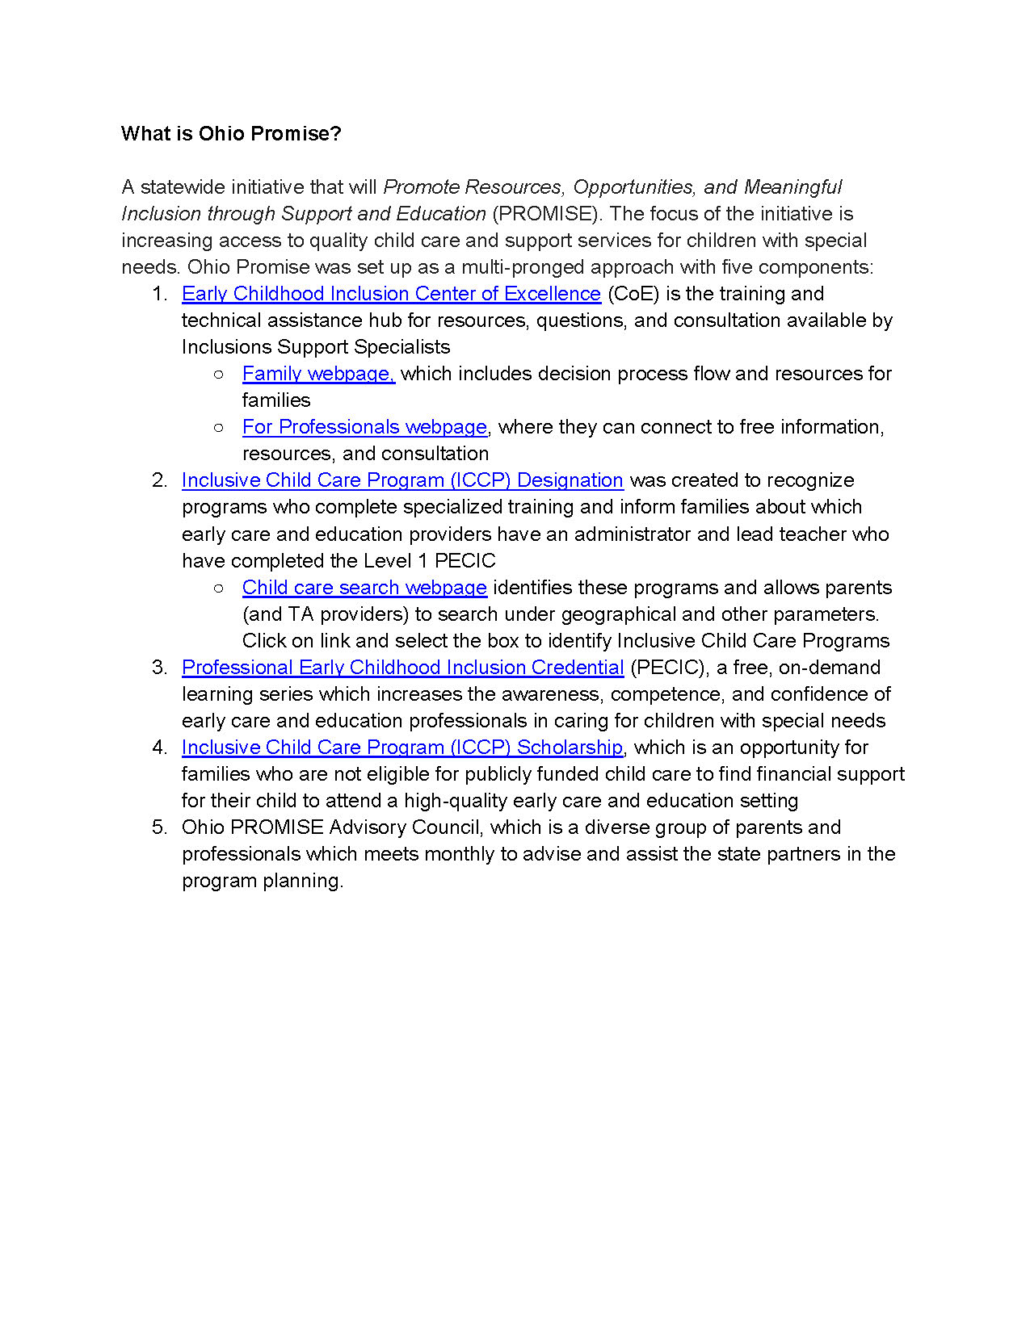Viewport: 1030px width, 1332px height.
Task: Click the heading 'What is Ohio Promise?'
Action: click(x=231, y=133)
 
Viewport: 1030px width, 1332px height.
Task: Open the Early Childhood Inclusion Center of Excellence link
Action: click(x=391, y=294)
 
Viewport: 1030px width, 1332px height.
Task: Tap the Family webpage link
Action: click(x=318, y=374)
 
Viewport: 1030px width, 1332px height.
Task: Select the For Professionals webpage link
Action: click(x=364, y=427)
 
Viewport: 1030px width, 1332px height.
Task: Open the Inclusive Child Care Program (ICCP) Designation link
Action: click(x=402, y=480)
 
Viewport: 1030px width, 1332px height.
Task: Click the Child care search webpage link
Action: click(x=364, y=588)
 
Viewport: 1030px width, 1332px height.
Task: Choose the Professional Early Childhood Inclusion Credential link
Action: click(x=402, y=668)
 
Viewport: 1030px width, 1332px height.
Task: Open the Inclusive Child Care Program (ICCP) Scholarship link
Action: click(x=402, y=748)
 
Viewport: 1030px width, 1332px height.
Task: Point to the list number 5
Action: click(x=158, y=827)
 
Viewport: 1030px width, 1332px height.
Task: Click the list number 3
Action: click(x=158, y=668)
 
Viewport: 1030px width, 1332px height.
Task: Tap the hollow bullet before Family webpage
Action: click(x=219, y=374)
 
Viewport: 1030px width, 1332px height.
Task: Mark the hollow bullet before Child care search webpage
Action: click(x=219, y=588)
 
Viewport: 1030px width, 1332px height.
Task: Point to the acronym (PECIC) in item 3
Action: click(x=667, y=668)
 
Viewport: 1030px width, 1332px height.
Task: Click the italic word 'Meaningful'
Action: click(x=792, y=187)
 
